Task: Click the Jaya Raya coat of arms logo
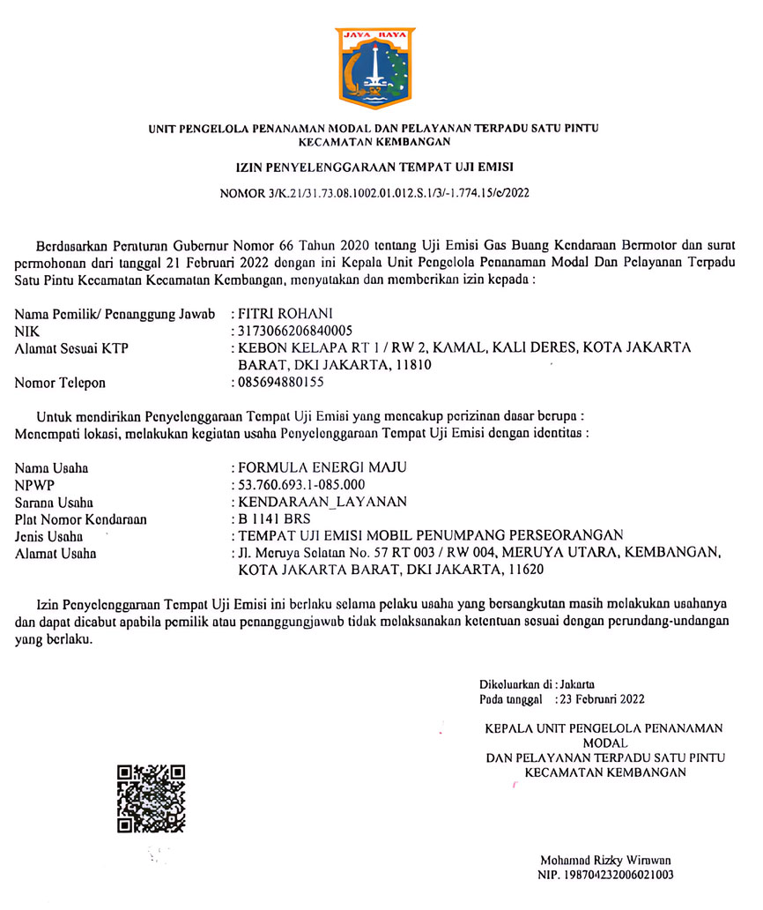click(374, 68)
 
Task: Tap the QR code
click(151, 800)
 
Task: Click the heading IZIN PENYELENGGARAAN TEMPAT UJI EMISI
click(374, 165)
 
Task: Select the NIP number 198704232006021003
click(605, 875)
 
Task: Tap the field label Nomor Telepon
click(60, 383)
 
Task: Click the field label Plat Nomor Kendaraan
click(80, 519)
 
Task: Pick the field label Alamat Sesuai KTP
click(72, 348)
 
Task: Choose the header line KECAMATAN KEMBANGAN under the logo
click(374, 141)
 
